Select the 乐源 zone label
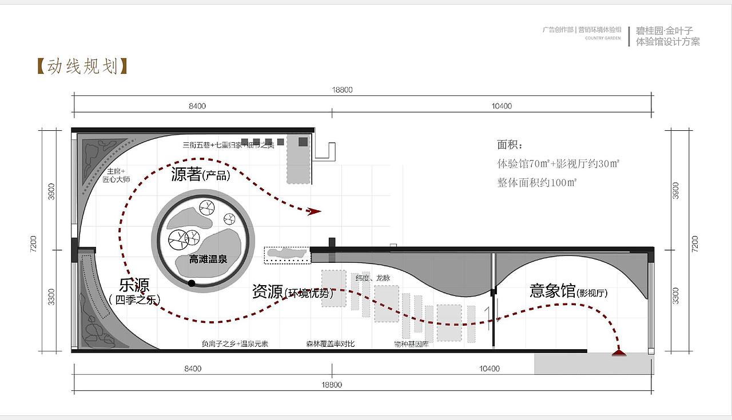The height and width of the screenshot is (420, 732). (x=134, y=286)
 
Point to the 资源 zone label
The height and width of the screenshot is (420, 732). (x=268, y=292)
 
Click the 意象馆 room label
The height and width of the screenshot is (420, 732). (x=552, y=291)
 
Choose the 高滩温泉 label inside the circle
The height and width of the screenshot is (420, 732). (x=208, y=259)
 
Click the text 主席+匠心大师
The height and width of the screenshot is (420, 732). (x=116, y=175)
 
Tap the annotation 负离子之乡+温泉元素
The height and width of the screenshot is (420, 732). (x=235, y=344)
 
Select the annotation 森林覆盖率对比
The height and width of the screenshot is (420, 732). (x=330, y=344)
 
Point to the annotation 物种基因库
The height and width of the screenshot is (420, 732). (x=411, y=344)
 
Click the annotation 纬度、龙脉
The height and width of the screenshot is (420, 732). (x=373, y=278)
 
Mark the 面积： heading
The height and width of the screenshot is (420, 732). (x=510, y=145)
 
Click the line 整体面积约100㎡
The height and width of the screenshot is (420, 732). (x=537, y=183)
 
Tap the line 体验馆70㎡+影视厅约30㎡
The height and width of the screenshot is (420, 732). (x=558, y=163)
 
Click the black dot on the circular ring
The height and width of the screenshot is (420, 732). (x=192, y=283)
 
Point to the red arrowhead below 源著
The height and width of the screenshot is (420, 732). (x=313, y=211)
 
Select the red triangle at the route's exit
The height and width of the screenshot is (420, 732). (x=618, y=353)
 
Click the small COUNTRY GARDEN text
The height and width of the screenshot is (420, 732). (x=603, y=38)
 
